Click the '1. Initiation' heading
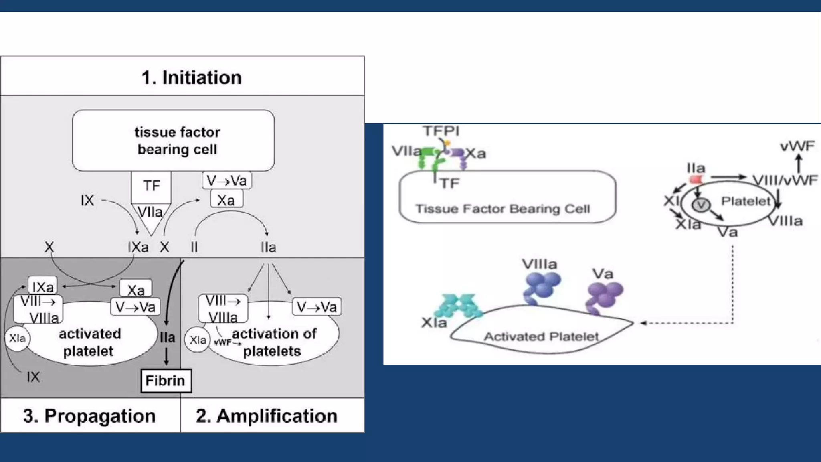[x=191, y=77]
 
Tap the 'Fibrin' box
[x=166, y=381]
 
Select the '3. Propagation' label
[x=89, y=416]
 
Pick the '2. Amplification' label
[x=267, y=416]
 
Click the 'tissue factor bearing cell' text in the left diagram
[x=177, y=140]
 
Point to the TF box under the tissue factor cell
[x=151, y=186]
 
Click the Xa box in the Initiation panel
[x=226, y=200]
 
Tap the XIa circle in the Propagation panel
[x=17, y=338]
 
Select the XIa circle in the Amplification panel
[x=197, y=340]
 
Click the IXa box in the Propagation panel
[x=42, y=286]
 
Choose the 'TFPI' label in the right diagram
[x=441, y=131]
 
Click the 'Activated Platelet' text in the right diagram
[x=541, y=336]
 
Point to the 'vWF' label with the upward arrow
[x=797, y=146]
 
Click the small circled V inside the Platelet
[x=701, y=205]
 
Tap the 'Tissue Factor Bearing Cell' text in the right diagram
[x=502, y=209]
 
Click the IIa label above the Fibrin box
[x=167, y=338]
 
